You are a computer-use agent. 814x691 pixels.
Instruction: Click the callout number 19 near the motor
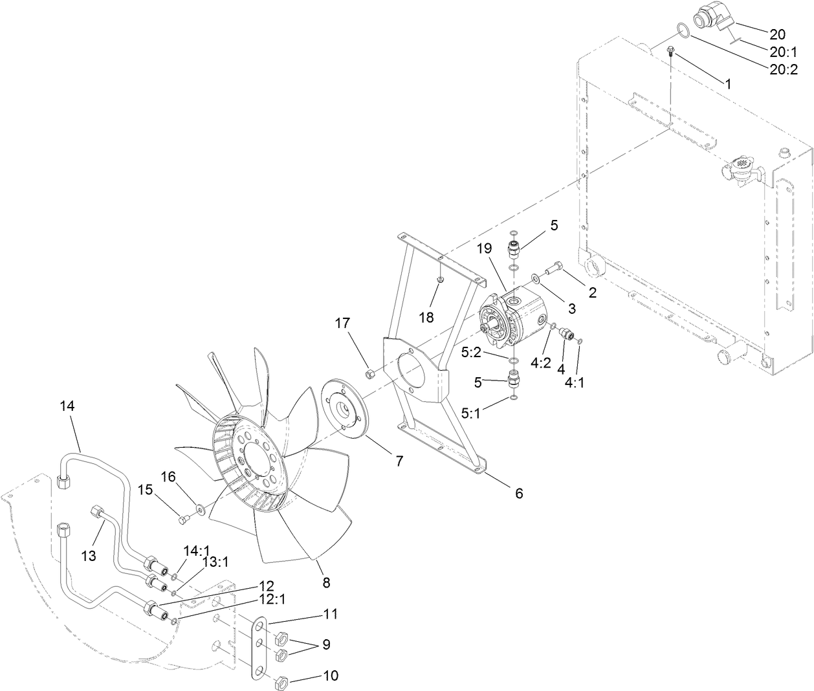click(x=485, y=248)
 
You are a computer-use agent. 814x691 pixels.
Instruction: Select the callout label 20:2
click(x=784, y=70)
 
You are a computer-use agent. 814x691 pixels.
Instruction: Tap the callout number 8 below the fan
click(x=326, y=582)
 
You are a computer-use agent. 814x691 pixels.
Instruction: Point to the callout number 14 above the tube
click(x=67, y=406)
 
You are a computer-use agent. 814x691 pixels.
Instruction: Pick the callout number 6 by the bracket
click(x=518, y=493)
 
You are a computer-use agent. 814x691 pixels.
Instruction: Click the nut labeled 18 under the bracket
click(x=439, y=280)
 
